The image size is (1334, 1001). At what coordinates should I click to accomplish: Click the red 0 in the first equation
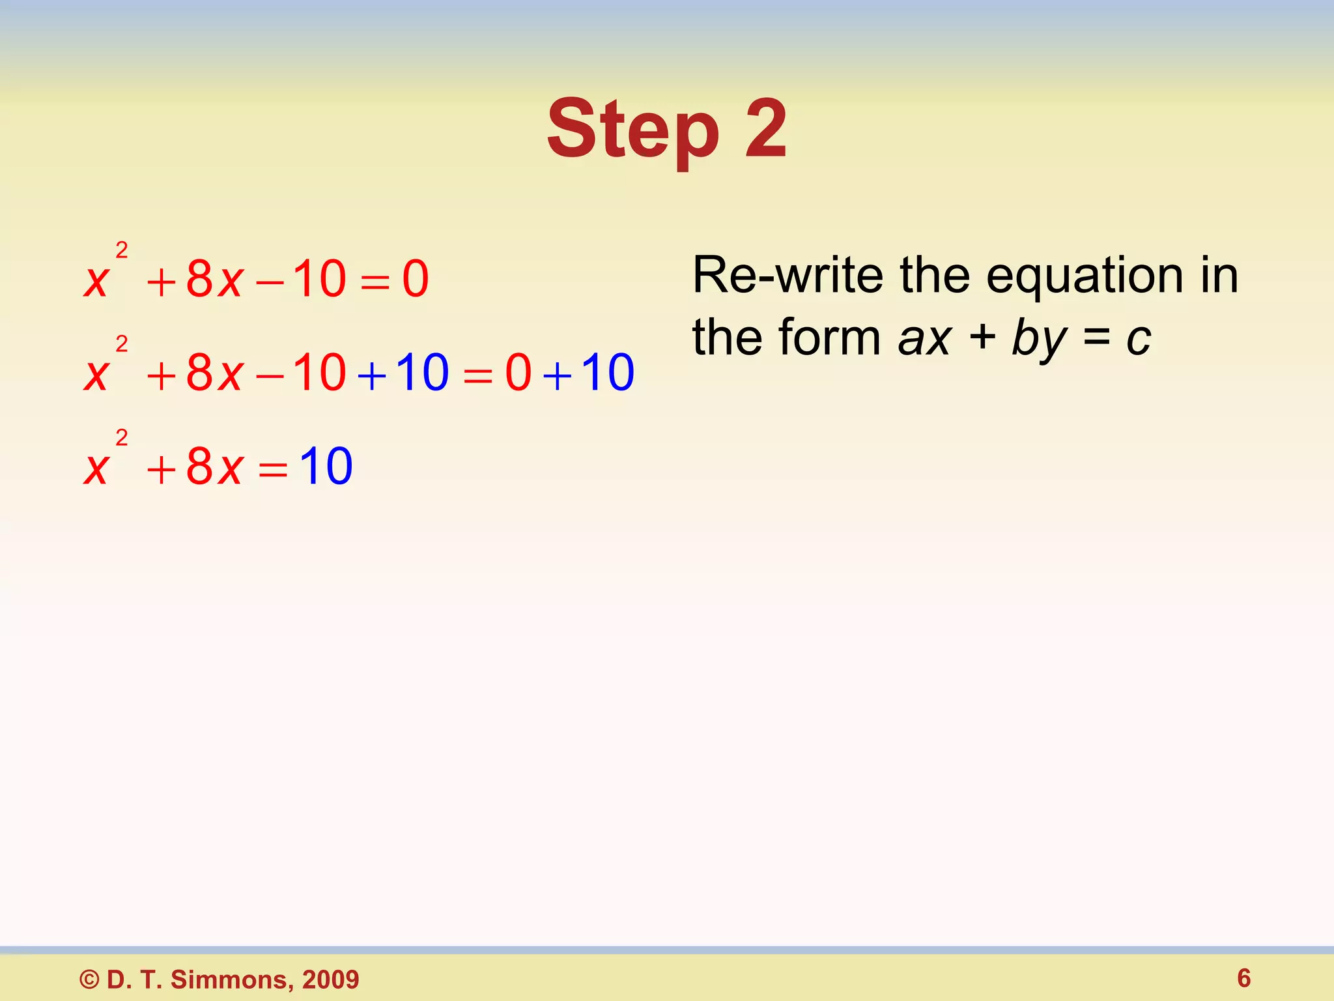point(416,279)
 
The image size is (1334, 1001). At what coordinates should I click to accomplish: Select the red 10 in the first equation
point(319,279)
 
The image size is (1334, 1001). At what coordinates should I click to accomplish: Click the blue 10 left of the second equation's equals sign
point(422,373)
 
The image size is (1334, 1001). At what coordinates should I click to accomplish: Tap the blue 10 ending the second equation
point(607,373)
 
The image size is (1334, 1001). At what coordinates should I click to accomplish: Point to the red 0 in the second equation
point(518,373)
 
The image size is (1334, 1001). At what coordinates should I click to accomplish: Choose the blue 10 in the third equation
point(326,467)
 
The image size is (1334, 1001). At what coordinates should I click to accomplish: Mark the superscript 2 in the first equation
point(122,250)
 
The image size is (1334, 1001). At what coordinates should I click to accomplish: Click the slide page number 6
point(1243,978)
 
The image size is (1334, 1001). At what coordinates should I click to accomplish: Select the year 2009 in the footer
point(331,979)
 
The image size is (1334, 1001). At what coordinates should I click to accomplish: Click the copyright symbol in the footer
point(90,979)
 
